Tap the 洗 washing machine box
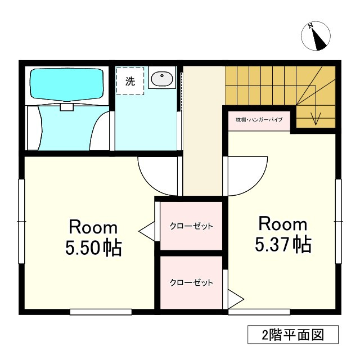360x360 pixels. tap(130, 80)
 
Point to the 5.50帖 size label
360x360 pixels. tap(94, 248)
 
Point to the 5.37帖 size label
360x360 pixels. tap(283, 244)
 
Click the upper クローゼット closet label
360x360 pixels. tap(191, 226)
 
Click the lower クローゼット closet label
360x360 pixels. tap(191, 283)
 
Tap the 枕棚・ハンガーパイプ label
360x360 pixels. tap(259, 120)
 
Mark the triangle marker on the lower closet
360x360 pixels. tap(235, 298)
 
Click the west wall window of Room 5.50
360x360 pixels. tap(21, 221)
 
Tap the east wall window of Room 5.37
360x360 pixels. tap(339, 221)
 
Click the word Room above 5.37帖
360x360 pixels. tap(283, 224)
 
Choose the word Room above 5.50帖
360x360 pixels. tap(93, 228)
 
